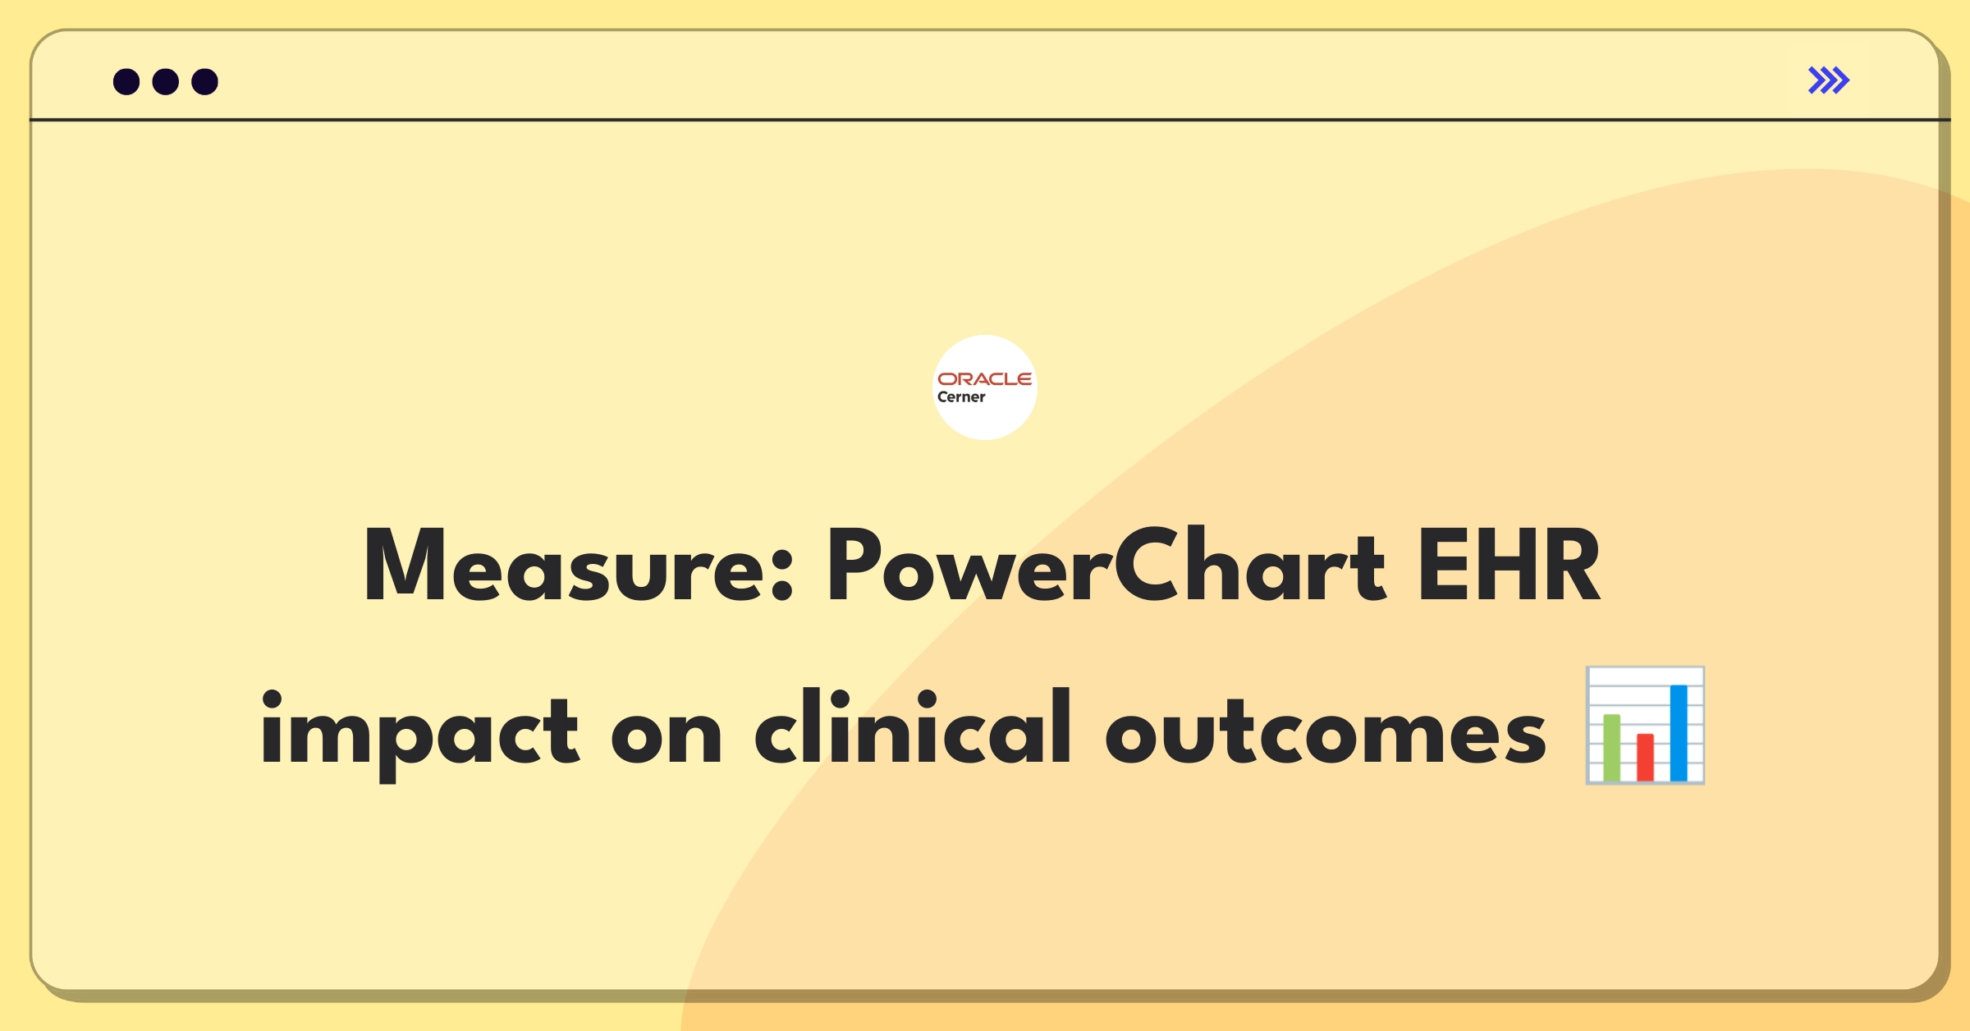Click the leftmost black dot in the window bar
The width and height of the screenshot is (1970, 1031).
click(x=126, y=81)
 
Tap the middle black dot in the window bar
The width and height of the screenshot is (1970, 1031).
click(x=166, y=81)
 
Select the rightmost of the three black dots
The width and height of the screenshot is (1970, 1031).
click(x=205, y=81)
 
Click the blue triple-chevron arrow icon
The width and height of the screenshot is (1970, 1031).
click(x=1829, y=80)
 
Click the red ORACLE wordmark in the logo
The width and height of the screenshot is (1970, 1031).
click(x=985, y=378)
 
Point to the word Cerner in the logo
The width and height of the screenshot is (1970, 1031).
click(x=961, y=397)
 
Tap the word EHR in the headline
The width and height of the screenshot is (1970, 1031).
click(x=1510, y=565)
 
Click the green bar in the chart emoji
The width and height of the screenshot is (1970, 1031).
click(x=1612, y=748)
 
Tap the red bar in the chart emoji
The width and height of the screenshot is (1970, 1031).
click(x=1645, y=758)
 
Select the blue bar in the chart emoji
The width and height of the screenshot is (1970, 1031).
click(x=1679, y=733)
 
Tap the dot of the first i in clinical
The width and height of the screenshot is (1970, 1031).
click(x=839, y=699)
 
